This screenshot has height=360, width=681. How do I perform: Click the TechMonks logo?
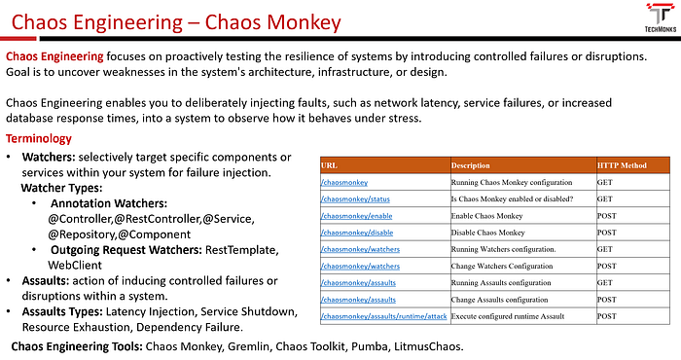(661, 18)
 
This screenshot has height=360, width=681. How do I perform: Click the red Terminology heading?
(39, 138)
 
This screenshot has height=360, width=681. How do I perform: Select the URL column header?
(329, 165)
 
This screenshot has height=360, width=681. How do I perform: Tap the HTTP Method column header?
(622, 165)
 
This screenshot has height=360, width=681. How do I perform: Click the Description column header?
(470, 165)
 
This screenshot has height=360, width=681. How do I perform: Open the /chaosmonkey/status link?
(355, 198)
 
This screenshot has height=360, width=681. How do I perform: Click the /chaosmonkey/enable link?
(357, 216)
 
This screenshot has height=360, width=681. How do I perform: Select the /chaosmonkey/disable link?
(357, 233)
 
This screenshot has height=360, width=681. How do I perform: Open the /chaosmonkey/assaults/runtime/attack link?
(384, 316)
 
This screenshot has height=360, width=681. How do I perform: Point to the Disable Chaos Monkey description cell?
(487, 233)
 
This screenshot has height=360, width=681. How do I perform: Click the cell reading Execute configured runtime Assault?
(508, 316)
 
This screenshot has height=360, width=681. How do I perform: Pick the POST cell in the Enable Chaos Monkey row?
(607, 216)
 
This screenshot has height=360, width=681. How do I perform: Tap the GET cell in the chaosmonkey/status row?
(604, 198)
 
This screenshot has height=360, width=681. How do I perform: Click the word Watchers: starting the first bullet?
(49, 158)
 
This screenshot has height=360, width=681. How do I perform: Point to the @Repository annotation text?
(81, 234)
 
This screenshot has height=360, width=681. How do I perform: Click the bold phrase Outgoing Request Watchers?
(126, 250)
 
